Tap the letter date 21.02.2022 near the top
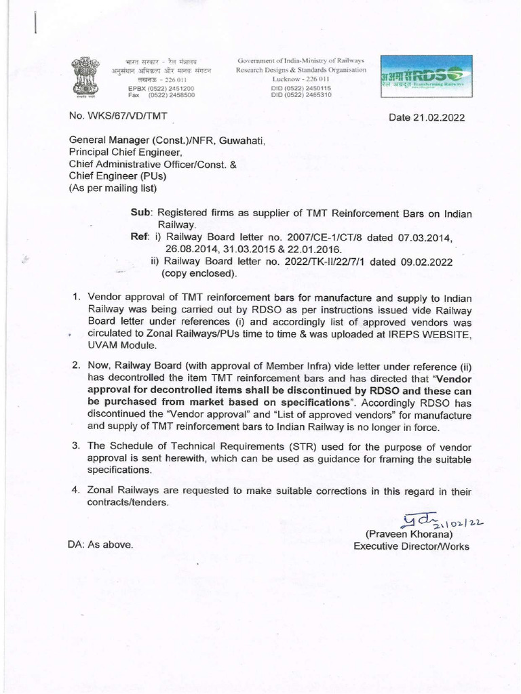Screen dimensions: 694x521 point(427,117)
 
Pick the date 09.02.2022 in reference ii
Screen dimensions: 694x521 point(427,262)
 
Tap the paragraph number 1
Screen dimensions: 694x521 point(77,298)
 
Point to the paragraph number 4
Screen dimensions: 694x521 point(77,491)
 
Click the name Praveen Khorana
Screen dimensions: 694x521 point(415,534)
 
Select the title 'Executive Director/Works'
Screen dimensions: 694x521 point(411,546)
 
